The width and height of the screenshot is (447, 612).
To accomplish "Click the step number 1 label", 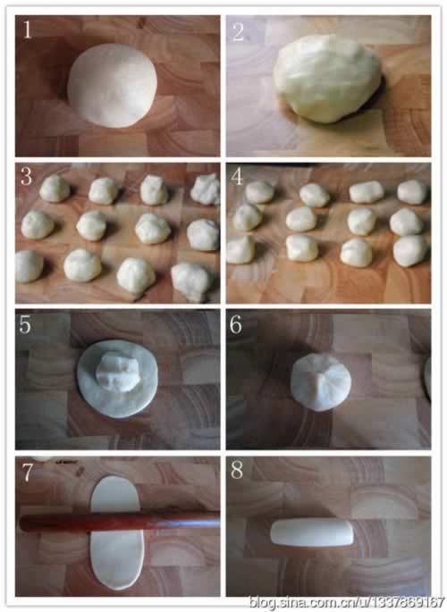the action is [27, 30].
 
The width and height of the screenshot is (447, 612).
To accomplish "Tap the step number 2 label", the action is [238, 31].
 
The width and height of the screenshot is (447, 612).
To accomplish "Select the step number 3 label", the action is [26, 176].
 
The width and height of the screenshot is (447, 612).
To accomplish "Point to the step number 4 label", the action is [237, 176].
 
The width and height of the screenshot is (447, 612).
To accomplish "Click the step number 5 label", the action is [25, 324].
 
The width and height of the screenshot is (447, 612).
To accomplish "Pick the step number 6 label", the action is [235, 324].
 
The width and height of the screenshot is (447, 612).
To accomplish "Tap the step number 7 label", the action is [27, 472].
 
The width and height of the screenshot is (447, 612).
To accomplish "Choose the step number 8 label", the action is [237, 470].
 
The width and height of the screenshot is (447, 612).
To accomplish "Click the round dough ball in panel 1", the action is [112, 85].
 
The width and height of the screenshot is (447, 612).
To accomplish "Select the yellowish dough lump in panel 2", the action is [327, 78].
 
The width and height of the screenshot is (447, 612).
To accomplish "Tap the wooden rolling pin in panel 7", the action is [120, 521].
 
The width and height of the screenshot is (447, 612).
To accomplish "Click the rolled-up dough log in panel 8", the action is [312, 532].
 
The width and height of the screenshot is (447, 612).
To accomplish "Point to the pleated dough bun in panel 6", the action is [321, 382].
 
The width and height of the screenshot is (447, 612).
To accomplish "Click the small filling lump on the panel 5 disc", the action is [117, 371].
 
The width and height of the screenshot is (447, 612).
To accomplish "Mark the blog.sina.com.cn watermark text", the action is [347, 602].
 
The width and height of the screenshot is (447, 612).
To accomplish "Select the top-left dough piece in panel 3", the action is [55, 189].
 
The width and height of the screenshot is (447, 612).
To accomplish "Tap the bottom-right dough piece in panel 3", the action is [192, 281].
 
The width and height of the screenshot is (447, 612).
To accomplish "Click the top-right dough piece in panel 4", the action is [413, 191].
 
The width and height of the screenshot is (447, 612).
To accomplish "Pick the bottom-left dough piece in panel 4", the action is [240, 249].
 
